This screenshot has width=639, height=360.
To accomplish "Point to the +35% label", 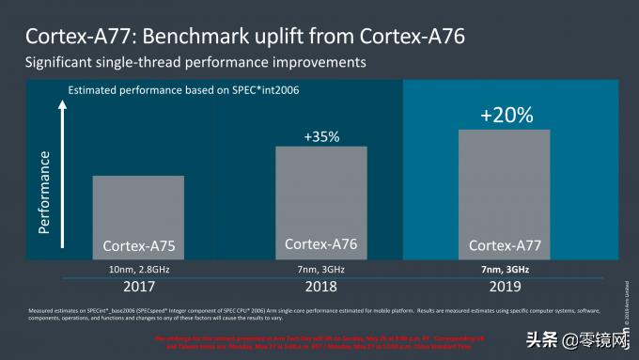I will (x=320, y=136).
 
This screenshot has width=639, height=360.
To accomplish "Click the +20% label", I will (x=506, y=116).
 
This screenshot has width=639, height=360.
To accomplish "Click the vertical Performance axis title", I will (x=44, y=188).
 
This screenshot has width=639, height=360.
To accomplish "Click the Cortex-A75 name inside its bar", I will (x=138, y=247).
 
